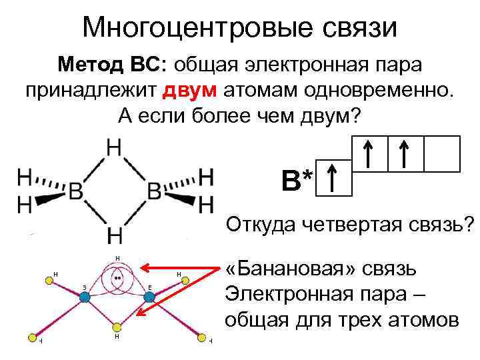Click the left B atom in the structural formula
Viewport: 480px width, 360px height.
click(75, 192)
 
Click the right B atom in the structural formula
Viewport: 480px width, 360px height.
click(154, 192)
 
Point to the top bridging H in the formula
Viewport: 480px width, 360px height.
click(115, 149)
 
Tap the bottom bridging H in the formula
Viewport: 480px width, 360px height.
click(115, 235)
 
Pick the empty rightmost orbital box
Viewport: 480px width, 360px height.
click(442, 153)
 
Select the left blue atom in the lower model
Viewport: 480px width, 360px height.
click(85, 297)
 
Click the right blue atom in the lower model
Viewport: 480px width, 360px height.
click(149, 297)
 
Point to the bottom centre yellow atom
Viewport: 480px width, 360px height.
click(117, 327)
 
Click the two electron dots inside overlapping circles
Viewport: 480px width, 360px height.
click(117, 277)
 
